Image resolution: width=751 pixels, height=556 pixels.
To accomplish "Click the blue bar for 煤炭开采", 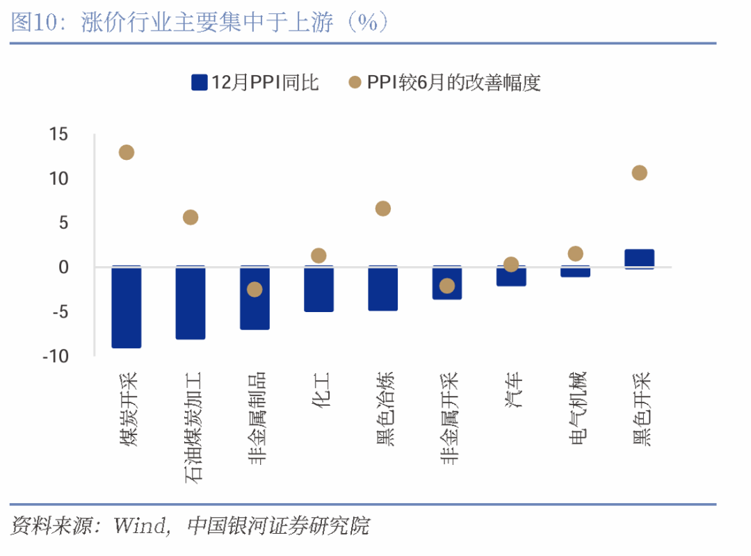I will (127, 306).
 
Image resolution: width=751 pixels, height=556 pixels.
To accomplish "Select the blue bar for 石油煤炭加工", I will (191, 302).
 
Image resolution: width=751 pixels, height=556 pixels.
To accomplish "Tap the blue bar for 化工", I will (318, 288).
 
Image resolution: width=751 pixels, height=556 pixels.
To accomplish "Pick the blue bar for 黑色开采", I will (640, 259).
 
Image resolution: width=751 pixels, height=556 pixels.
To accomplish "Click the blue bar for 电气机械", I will (575, 272).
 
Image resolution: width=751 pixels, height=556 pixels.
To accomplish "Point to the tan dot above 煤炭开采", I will (127, 152).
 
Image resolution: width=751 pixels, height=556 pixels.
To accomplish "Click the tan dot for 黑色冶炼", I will (383, 208).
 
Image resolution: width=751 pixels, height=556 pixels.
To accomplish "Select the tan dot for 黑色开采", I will (640, 172).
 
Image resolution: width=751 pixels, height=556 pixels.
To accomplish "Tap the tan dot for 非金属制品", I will (255, 289).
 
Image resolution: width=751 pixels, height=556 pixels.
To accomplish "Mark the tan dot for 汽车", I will (511, 264).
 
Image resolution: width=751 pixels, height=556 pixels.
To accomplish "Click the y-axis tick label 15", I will (58, 134).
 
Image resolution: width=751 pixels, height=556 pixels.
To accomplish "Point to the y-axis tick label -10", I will (55, 356).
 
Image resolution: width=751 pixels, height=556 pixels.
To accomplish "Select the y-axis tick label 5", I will (63, 223).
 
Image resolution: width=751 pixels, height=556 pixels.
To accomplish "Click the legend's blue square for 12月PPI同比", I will (200, 83).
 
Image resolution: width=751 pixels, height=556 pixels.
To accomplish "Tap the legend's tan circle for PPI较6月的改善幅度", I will (355, 83).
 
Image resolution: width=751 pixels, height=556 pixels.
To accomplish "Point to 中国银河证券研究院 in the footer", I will (278, 525).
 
